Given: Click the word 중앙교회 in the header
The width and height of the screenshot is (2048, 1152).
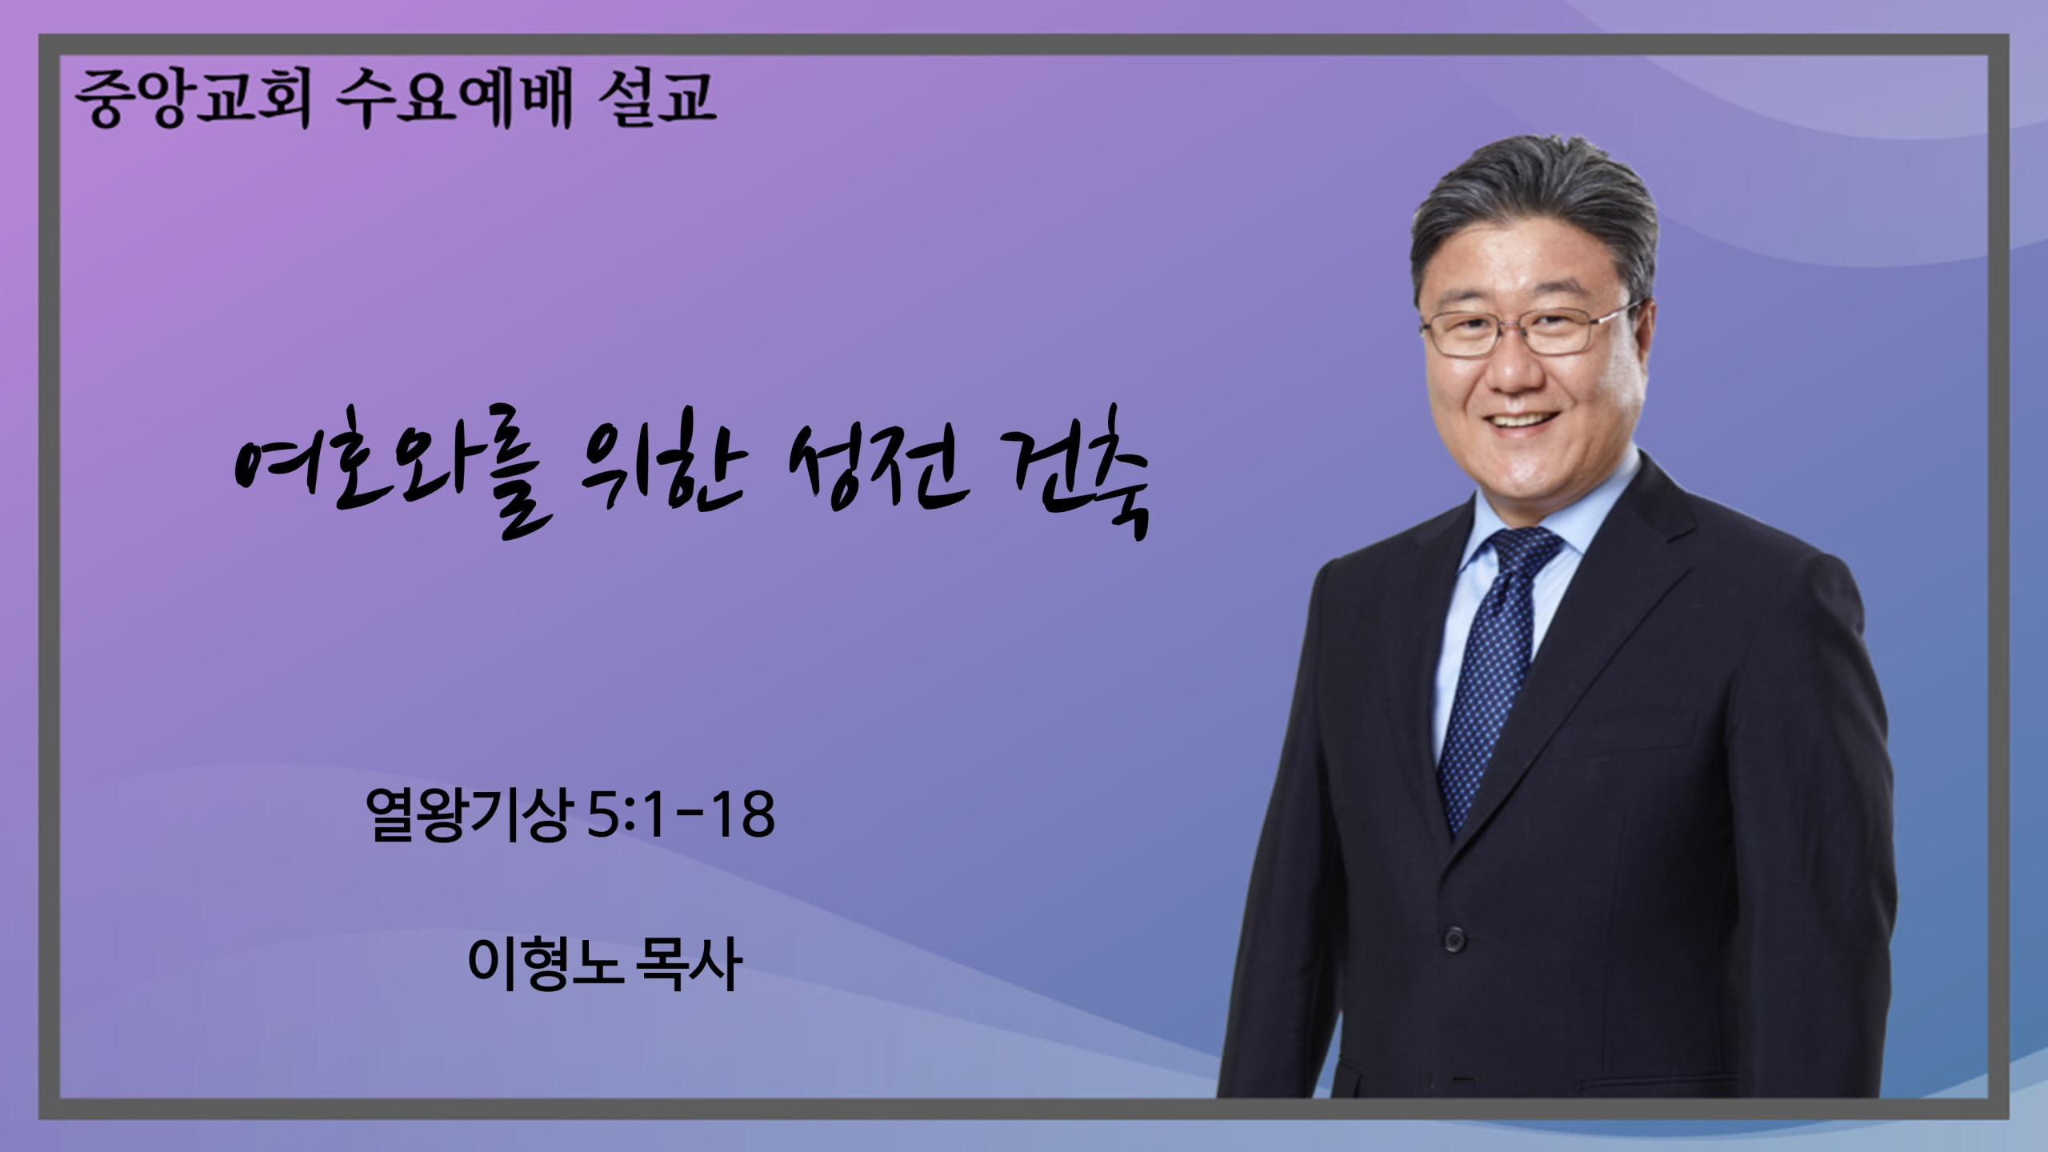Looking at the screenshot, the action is [193, 100].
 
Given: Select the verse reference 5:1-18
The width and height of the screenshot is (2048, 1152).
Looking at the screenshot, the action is [680, 814].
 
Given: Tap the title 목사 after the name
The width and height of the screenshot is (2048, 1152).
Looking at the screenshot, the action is [687, 964].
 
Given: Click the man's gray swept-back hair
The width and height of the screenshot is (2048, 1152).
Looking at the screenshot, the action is [1532, 208].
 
